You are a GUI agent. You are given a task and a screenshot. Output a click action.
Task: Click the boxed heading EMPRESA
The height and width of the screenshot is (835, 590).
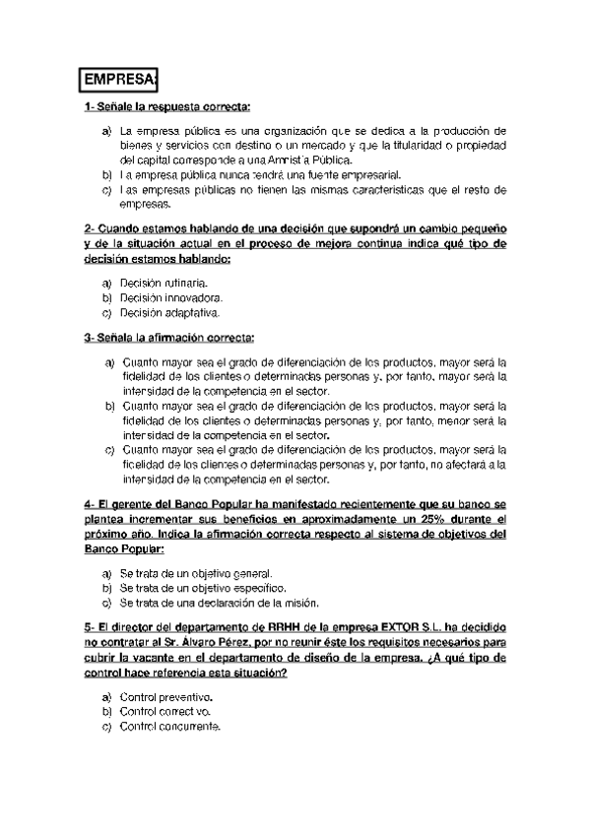point(120,78)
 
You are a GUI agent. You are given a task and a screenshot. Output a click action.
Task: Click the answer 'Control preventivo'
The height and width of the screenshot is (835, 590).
point(165,696)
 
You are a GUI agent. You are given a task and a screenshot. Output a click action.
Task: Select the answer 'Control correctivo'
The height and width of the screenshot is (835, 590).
point(165,711)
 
